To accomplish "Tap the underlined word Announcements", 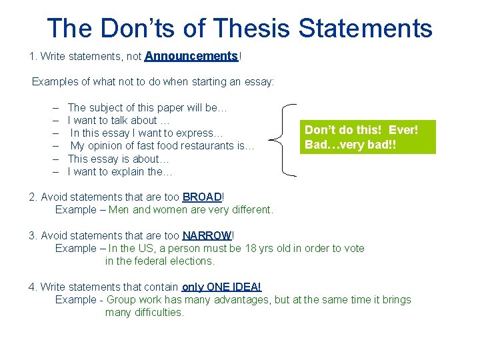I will click(x=191, y=57).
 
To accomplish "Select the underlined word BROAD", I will click(x=201, y=197).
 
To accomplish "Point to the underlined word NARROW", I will click(x=207, y=235).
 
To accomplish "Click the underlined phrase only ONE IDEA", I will click(x=221, y=287).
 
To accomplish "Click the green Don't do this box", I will click(x=367, y=137).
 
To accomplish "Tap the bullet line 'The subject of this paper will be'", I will click(x=148, y=107).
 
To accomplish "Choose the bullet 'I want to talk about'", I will click(x=119, y=120).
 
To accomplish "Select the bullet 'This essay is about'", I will click(x=119, y=159).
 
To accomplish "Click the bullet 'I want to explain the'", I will click(x=120, y=171).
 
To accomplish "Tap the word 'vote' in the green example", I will click(x=353, y=248).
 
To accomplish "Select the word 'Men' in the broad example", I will click(x=119, y=209).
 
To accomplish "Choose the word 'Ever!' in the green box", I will click(x=403, y=130).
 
